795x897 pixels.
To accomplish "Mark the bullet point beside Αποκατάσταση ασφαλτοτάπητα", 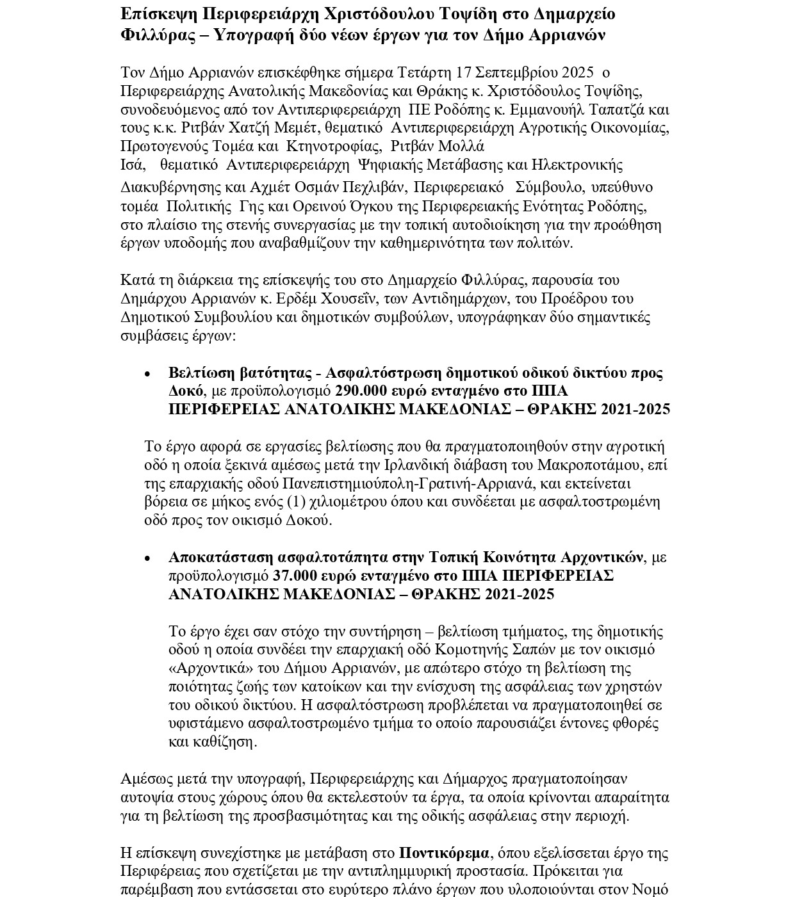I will (148, 559).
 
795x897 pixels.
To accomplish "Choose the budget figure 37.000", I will (295, 576).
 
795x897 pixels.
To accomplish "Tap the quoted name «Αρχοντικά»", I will (206, 668).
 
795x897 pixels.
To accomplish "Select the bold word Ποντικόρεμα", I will (444, 853).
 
